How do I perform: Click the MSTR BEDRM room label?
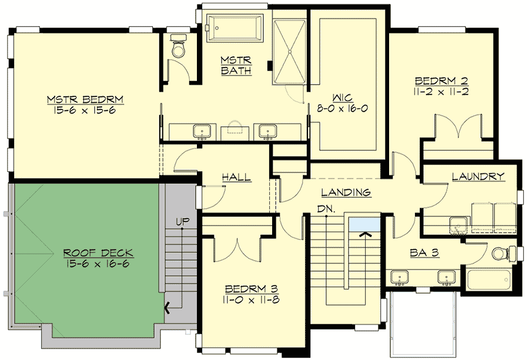coord(89,98)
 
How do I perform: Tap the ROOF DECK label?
coord(98,253)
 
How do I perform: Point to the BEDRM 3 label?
coord(252,289)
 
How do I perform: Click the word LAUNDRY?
coord(478,176)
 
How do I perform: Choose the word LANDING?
coord(346,192)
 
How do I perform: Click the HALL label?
coord(236,177)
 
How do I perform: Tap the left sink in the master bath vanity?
coord(202,130)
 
